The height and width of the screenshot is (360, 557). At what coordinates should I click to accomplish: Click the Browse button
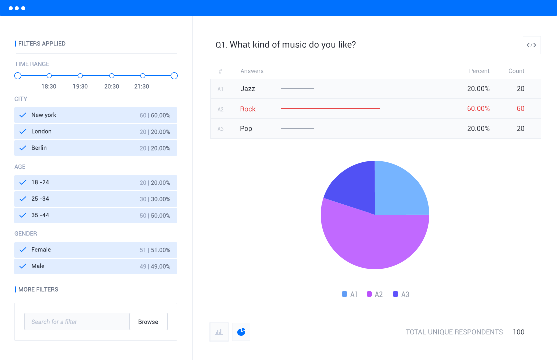(148, 322)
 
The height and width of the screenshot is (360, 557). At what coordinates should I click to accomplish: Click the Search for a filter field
(77, 322)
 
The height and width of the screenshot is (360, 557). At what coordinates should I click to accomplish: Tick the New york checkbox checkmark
(23, 115)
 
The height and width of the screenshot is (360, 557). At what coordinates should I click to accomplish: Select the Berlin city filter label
(39, 148)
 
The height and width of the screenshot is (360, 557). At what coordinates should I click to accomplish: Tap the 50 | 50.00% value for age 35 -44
(155, 216)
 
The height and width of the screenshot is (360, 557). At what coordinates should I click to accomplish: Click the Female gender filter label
(41, 250)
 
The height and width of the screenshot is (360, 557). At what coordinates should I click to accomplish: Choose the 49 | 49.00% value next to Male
(155, 266)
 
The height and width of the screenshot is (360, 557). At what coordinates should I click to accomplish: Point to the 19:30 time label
(80, 86)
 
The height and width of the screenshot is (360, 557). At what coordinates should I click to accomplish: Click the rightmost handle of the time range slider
(174, 76)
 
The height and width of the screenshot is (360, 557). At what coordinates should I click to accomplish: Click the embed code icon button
(531, 45)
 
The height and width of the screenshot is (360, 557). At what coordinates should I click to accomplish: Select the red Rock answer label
(248, 109)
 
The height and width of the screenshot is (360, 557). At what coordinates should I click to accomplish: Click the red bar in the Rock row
(330, 108)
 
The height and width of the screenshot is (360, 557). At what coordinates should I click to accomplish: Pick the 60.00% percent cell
(478, 109)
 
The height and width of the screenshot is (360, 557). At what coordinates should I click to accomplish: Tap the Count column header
(516, 71)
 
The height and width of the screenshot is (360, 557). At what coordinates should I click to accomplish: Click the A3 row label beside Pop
(220, 129)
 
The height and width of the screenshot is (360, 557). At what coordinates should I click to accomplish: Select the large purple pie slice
(369, 239)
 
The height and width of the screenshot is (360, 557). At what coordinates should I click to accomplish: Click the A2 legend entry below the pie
(374, 294)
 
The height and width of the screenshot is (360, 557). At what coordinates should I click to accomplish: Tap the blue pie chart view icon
(241, 332)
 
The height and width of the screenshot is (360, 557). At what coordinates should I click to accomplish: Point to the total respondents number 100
(518, 332)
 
